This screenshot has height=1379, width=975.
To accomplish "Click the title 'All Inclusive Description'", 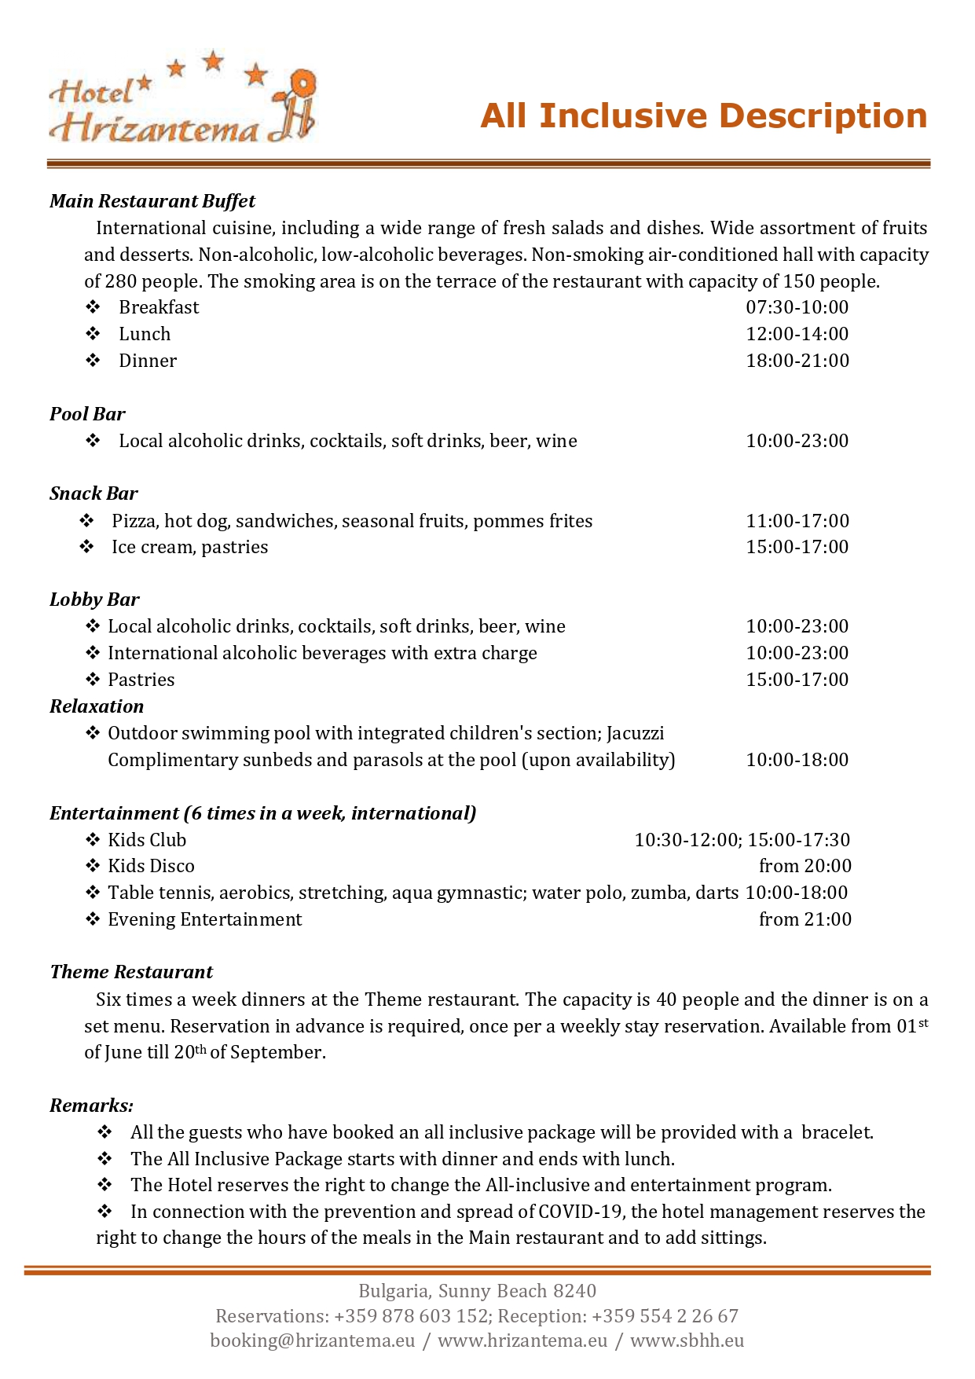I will click(x=703, y=116).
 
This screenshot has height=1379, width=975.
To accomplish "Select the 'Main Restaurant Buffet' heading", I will click(x=152, y=201).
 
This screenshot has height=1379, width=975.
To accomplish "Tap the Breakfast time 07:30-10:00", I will click(x=797, y=307).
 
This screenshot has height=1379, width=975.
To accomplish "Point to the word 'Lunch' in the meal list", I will click(x=145, y=334).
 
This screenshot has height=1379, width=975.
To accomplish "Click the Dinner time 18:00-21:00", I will click(x=797, y=361).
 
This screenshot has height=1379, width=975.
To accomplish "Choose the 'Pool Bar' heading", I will click(x=87, y=414).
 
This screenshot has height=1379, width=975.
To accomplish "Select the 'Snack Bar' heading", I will click(x=93, y=493).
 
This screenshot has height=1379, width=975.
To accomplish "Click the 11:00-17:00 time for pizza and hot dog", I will click(x=797, y=521).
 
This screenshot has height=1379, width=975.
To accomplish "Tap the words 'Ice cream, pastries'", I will click(x=189, y=547).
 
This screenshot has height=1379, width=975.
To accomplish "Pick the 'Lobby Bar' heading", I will click(x=94, y=600).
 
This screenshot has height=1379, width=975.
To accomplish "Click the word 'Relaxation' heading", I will click(x=97, y=706).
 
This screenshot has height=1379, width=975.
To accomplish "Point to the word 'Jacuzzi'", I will click(x=635, y=733).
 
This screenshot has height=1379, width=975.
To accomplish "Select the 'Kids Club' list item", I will click(x=147, y=840).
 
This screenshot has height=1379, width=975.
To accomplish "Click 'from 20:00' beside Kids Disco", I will click(x=805, y=866).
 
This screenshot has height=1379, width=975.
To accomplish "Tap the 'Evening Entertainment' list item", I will click(x=204, y=919).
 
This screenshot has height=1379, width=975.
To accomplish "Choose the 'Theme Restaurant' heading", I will click(x=131, y=972).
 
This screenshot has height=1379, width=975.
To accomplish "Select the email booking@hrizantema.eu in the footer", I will click(x=312, y=1340).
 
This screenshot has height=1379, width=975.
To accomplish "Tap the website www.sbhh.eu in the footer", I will click(x=687, y=1340).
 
